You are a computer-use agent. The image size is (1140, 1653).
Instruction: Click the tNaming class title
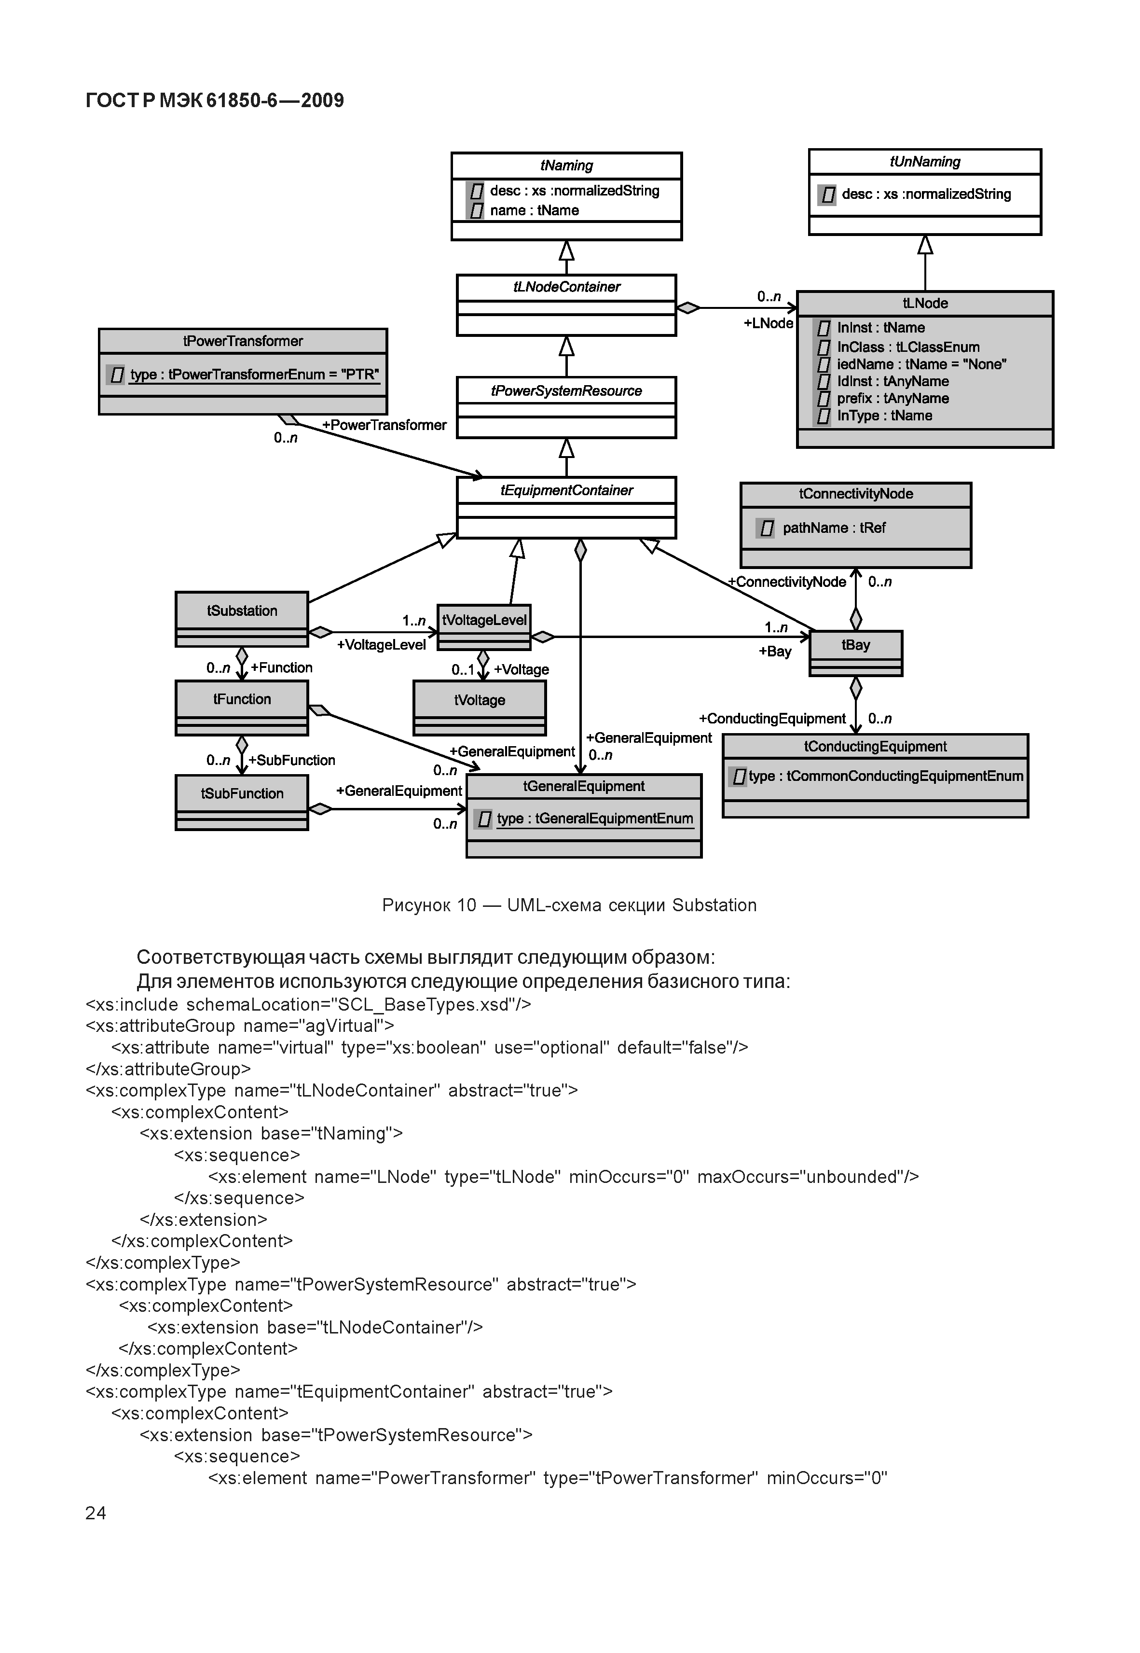566,166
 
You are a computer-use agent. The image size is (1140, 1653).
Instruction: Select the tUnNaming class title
924,162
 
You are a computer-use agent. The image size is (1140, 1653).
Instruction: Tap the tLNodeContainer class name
566,287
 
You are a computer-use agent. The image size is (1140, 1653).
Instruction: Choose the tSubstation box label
242,611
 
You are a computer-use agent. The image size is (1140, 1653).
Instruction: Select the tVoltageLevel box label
484,620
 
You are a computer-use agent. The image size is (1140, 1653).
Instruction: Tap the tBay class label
856,645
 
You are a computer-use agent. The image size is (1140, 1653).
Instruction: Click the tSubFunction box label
242,793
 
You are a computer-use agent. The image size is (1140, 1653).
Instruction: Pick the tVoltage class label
479,700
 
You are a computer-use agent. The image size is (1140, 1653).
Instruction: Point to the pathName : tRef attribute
834,528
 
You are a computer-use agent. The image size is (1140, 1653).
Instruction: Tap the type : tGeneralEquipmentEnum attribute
594,819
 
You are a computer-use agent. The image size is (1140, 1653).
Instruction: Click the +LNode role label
768,323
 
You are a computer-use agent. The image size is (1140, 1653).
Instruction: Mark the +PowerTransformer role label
385,425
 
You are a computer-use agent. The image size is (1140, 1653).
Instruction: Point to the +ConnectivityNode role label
787,582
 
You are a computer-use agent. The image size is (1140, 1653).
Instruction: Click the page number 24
96,1513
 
